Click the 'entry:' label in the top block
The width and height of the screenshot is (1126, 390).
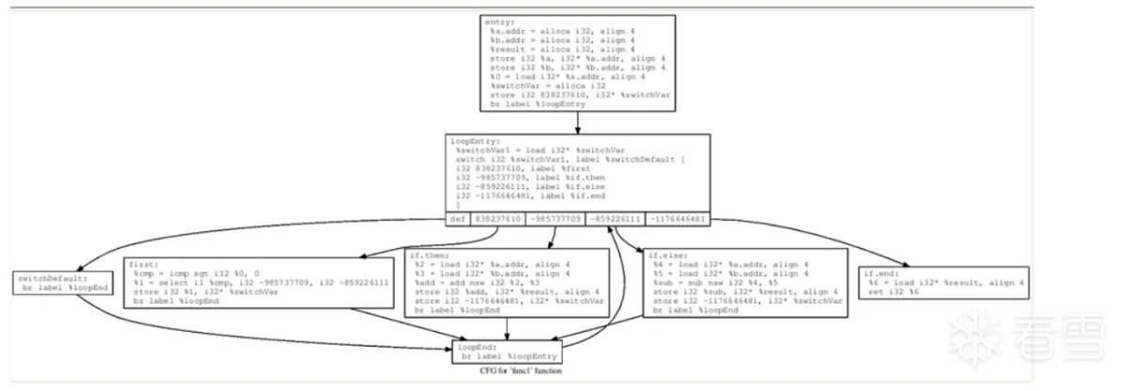coord(499,21)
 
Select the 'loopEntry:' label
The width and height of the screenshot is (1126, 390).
coord(472,141)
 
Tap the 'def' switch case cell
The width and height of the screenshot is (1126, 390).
coord(457,219)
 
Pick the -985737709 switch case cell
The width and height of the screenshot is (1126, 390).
coord(555,219)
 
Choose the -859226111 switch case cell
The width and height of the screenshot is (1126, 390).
coord(615,219)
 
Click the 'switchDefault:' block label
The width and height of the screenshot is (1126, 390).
coord(50,279)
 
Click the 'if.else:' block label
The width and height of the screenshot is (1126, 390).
coord(665,255)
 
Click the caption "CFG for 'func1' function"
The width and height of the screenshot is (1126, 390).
coord(521,371)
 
